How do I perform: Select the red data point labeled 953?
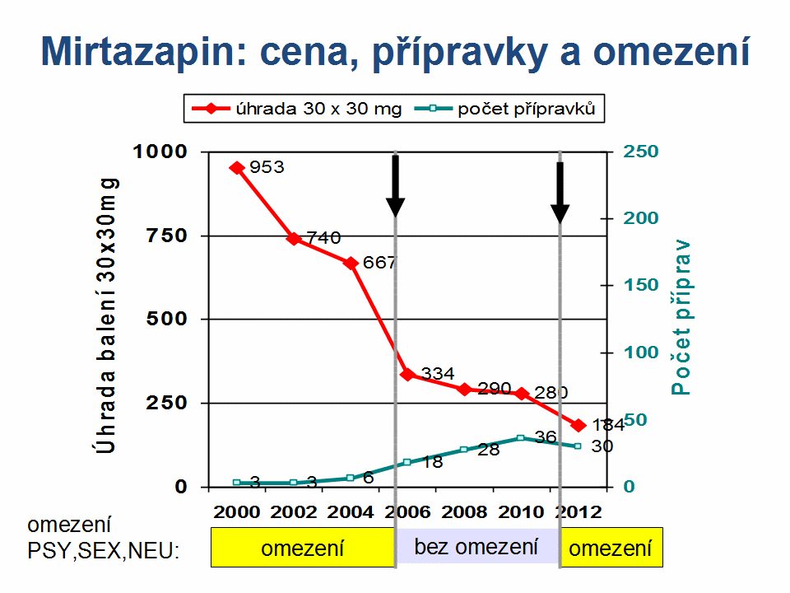point(237,167)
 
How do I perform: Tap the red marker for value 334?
point(407,374)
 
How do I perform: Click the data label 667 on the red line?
point(379,264)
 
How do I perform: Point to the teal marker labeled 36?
point(521,438)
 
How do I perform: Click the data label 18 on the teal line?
point(433,462)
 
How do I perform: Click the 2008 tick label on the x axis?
point(464,511)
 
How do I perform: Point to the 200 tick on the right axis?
point(641,218)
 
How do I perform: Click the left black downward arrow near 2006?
point(396,186)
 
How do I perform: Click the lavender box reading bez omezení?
point(476,546)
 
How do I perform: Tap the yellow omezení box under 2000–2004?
point(302,549)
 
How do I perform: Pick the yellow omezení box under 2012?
point(611,549)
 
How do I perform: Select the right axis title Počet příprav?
point(681,316)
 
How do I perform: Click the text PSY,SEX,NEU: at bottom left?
point(103,550)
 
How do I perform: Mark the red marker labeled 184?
point(579,425)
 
